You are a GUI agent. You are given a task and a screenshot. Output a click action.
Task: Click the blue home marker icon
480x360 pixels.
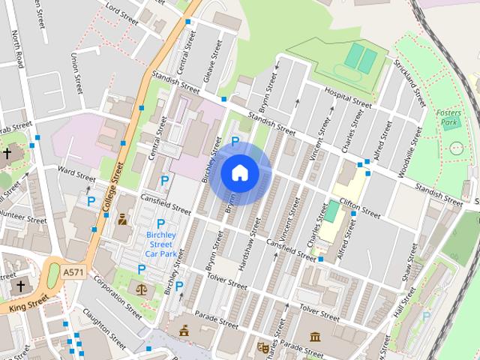(x=239, y=172)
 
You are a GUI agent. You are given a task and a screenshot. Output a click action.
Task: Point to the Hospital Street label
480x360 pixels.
(x=347, y=97)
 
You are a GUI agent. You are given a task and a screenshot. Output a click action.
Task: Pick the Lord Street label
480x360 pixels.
(x=121, y=13)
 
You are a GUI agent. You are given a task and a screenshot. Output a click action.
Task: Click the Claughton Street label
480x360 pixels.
(x=104, y=329)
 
